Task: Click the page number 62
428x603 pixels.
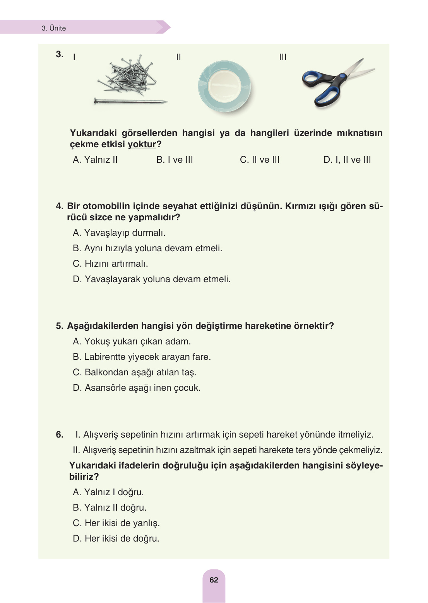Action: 214,580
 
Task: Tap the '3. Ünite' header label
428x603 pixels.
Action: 54,28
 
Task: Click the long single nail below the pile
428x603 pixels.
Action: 130,102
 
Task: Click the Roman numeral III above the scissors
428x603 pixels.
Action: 283,57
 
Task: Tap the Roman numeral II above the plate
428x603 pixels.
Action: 178,57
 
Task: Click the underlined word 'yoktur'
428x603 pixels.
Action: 142,144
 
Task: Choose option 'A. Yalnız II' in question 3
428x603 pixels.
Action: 95,160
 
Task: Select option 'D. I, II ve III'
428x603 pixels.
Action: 347,160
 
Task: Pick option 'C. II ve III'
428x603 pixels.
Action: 260,160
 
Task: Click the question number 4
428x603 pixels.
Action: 59,206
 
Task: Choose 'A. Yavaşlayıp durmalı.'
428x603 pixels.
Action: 119,233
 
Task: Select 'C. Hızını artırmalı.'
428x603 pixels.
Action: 110,264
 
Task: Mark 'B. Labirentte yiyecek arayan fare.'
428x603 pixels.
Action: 142,357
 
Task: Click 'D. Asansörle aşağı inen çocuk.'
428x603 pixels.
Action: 137,388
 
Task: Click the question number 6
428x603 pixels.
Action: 60,434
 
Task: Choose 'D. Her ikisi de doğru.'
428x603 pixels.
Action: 116,538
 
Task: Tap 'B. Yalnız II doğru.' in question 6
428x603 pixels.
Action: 110,508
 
